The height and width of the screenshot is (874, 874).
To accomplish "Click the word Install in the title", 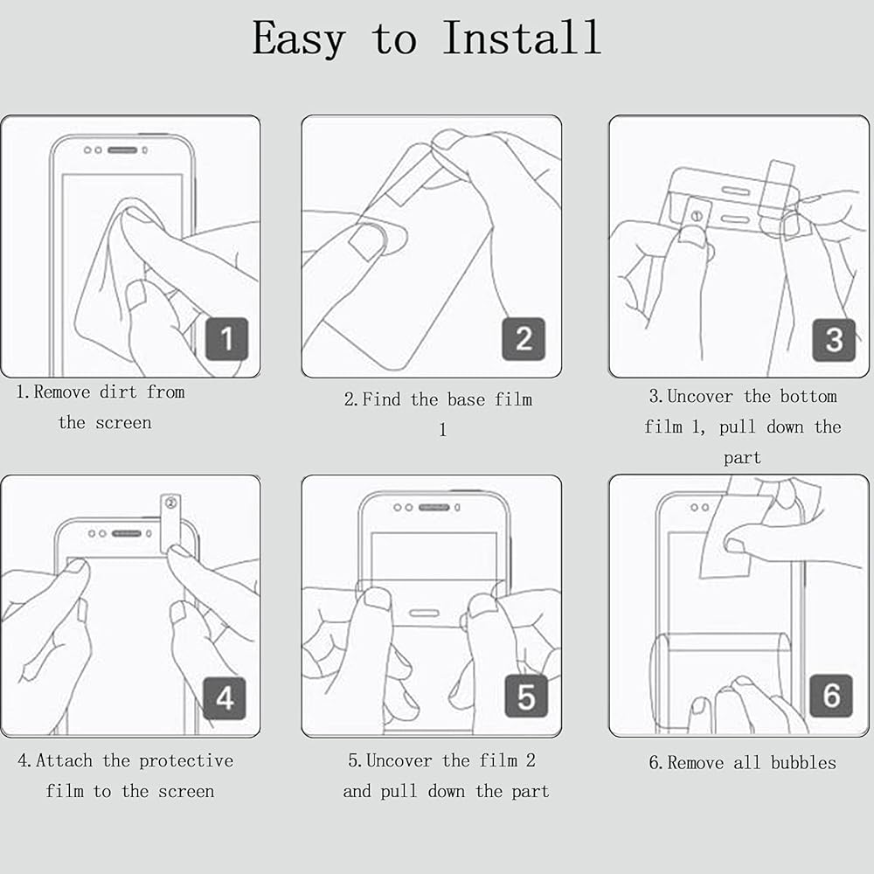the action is (x=522, y=38).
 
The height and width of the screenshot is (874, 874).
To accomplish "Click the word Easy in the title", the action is (x=299, y=39).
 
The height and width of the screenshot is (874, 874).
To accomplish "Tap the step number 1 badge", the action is (x=227, y=338).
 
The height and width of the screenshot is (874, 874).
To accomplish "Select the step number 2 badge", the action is (x=524, y=338).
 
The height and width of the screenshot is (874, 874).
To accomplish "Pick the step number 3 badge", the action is (x=834, y=339).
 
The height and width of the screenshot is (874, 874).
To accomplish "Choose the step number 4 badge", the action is (x=225, y=697).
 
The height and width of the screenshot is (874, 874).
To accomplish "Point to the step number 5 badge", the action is (x=526, y=697).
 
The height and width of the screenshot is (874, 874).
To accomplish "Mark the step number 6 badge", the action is (x=831, y=696).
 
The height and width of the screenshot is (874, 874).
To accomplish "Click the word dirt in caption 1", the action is (x=118, y=392).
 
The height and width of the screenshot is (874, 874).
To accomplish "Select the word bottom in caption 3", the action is (x=808, y=396).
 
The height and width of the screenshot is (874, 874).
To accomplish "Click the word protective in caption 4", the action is (x=186, y=761).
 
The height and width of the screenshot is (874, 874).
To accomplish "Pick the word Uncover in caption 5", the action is (x=399, y=760).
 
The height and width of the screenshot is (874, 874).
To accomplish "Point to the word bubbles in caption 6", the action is (x=803, y=762).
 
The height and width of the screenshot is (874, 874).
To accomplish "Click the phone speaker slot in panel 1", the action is (x=122, y=150).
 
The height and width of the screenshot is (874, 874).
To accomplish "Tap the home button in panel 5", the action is (x=424, y=614).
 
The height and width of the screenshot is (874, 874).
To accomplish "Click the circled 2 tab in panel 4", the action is (x=170, y=523).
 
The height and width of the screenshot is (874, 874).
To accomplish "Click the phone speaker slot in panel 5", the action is (x=434, y=507).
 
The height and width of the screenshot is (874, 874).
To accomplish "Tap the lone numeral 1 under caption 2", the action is (x=442, y=430).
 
